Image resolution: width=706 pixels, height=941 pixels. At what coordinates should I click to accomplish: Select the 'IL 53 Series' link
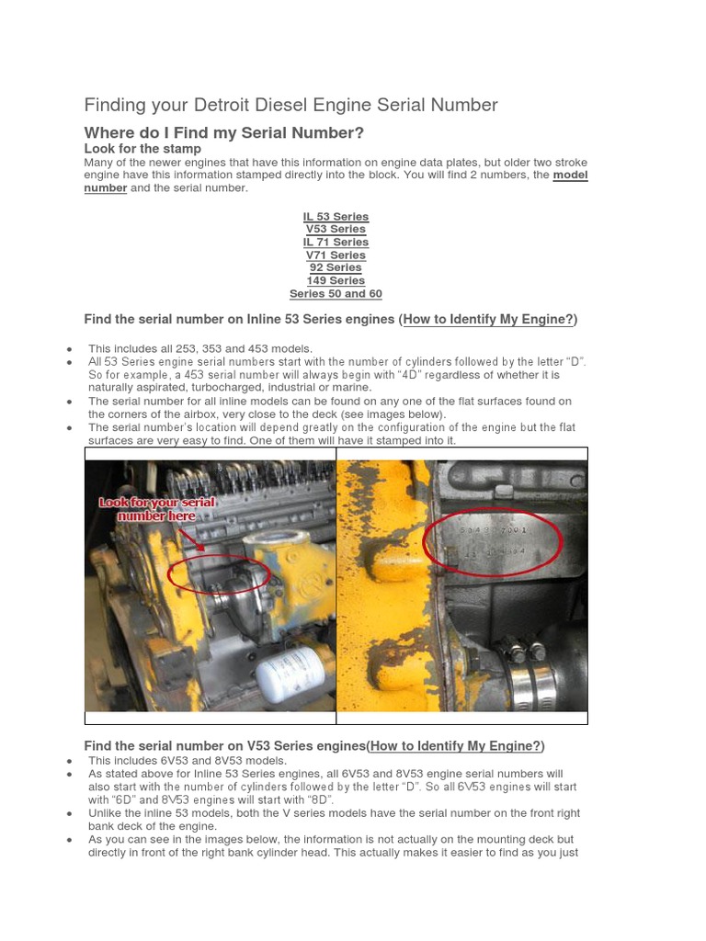(336, 217)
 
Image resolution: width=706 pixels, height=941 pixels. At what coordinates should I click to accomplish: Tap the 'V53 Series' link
(336, 230)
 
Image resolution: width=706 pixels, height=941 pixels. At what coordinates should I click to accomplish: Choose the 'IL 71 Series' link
(336, 243)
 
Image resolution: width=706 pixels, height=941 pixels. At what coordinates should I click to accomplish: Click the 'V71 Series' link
(336, 255)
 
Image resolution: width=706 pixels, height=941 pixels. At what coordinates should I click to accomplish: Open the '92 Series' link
(336, 268)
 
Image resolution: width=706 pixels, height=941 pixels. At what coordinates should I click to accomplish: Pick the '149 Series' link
(336, 281)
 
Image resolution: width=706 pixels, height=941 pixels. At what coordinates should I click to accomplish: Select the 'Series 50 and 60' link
(336, 294)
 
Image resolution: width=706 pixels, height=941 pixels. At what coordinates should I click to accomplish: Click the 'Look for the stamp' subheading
(142, 149)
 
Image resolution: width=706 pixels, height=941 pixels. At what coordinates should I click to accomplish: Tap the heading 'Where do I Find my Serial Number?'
(224, 133)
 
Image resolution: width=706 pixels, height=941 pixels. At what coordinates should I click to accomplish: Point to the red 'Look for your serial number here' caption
(157, 509)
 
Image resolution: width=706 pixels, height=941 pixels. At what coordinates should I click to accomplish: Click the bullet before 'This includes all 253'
(71, 349)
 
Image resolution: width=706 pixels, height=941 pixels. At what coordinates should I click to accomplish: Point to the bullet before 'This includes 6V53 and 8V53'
(71, 762)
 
